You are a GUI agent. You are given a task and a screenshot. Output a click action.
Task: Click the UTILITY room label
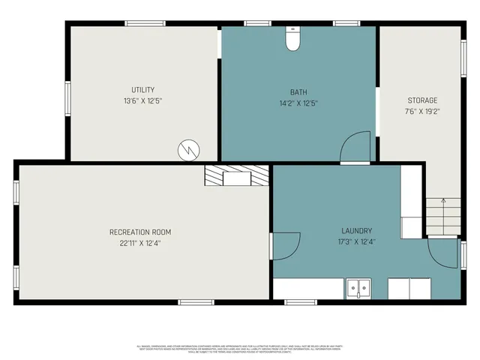pos(142,89)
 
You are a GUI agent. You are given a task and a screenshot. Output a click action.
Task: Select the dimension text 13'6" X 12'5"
pos(142,100)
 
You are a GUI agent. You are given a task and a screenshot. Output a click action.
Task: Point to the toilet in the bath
pos(292,40)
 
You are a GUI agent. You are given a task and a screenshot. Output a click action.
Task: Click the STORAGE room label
pos(421,100)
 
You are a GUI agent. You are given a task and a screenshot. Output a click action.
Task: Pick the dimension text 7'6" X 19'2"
pos(421,112)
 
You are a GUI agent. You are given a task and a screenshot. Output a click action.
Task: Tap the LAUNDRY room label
pos(357,231)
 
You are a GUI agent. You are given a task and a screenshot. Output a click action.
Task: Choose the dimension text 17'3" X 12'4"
pos(357,242)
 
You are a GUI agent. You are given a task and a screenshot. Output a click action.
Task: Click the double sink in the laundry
pos(358,288)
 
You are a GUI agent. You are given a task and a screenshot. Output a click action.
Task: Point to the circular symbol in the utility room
pos(187,150)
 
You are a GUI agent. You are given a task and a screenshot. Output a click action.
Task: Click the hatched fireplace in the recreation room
pos(237,176)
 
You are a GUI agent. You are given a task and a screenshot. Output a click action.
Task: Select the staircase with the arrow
pos(442,217)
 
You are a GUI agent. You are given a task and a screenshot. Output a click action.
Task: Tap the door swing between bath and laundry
pos(355,147)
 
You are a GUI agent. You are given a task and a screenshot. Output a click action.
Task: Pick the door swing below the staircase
pos(442,253)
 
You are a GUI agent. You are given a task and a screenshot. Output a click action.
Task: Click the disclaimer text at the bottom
pos(240,349)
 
